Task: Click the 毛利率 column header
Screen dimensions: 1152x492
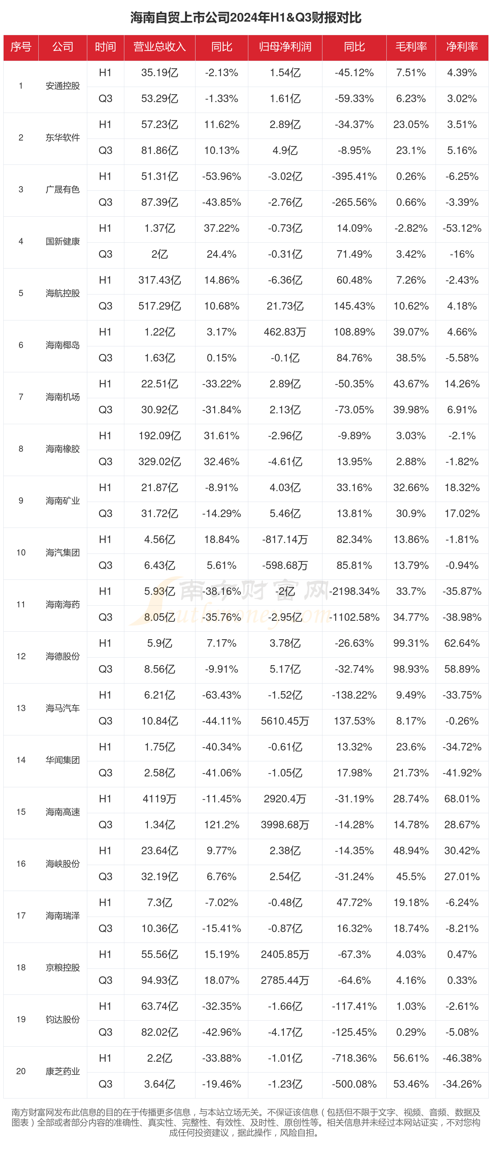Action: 411,47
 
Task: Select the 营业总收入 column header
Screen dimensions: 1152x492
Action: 159,47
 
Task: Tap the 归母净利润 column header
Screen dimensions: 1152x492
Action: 285,47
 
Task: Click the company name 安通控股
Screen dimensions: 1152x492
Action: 63,86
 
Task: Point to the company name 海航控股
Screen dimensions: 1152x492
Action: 63,293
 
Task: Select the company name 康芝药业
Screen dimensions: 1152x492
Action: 63,1071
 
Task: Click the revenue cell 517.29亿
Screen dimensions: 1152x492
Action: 159,306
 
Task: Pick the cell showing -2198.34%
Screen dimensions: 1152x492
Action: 354,591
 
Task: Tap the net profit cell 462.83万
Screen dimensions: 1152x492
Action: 285,332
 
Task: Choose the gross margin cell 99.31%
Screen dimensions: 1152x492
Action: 411,643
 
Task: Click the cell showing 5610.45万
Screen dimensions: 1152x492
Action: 285,721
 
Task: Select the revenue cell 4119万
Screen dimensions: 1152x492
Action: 159,799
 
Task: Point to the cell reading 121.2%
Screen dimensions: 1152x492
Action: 222,825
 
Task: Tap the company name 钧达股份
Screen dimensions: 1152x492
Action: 63,1019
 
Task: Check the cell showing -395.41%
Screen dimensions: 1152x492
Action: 354,177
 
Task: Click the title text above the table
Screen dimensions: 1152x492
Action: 246,17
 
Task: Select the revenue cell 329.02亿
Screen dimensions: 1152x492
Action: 159,462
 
